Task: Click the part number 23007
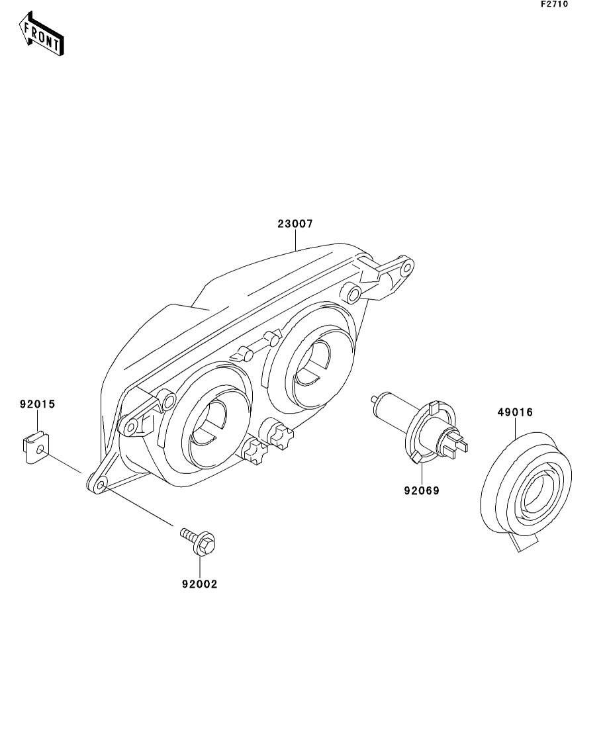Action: [295, 224]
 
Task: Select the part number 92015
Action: [37, 403]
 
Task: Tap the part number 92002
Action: [199, 584]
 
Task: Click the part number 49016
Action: [515, 412]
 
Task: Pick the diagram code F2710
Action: [554, 4]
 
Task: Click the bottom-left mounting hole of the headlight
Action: [101, 486]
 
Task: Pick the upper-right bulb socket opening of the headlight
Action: [309, 361]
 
